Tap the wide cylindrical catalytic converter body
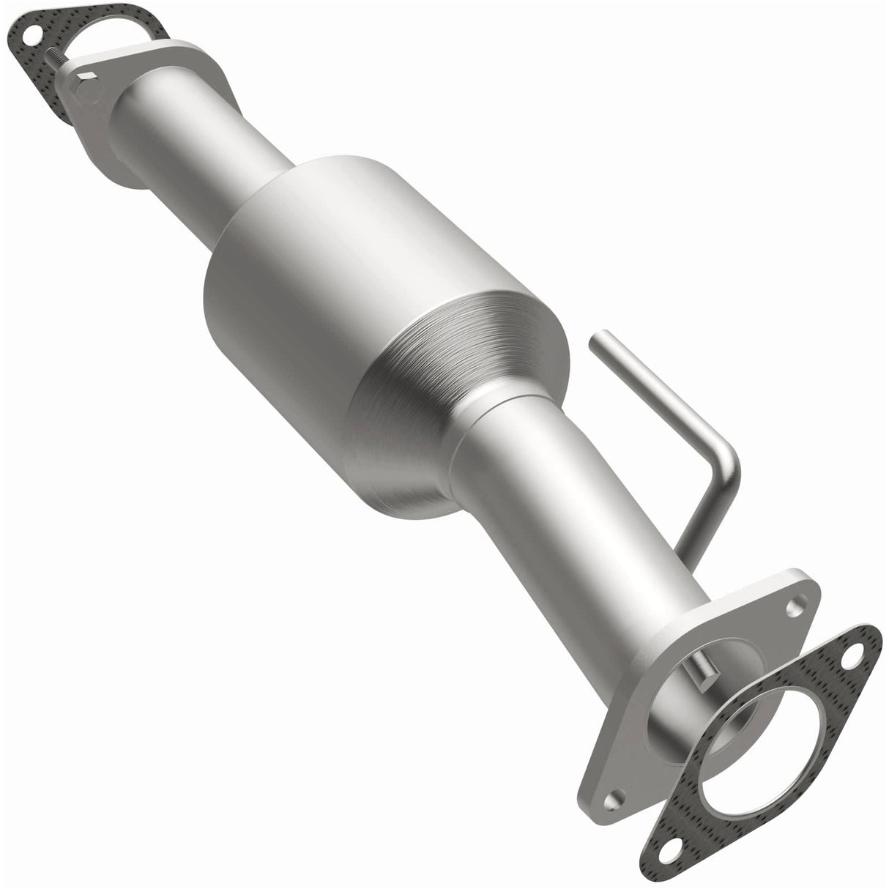coord(351,278)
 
